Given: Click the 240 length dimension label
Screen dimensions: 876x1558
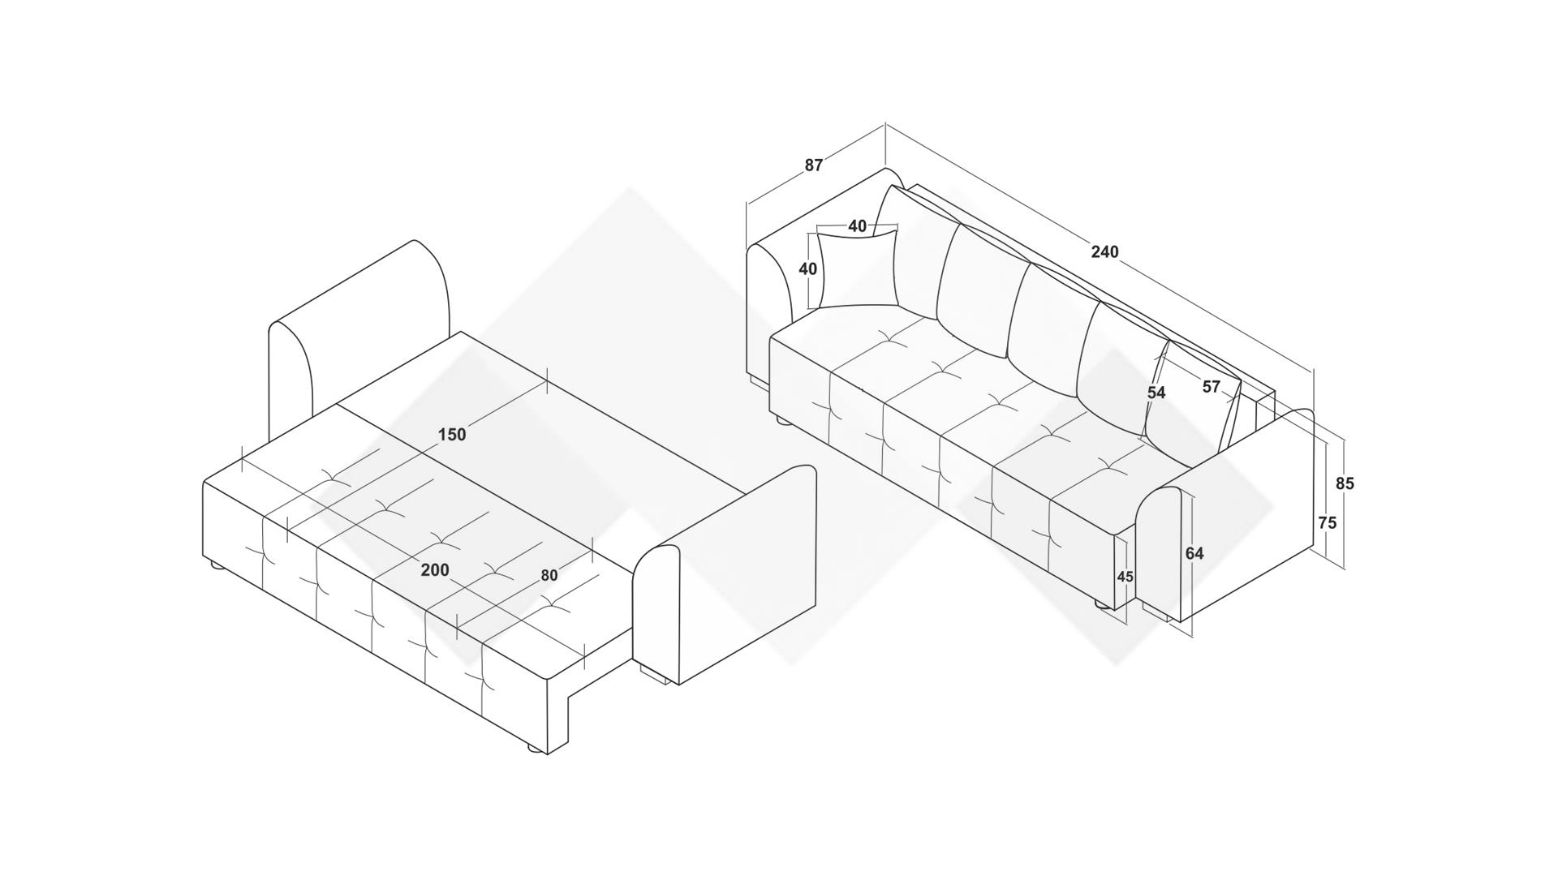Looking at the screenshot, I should pos(1104,251).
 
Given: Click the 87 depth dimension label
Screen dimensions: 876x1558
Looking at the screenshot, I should pos(813,165).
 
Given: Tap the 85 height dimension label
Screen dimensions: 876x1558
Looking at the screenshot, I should pos(1345,483).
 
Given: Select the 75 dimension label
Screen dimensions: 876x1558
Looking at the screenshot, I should pos(1327,523).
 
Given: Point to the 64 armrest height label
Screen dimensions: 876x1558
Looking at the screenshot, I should pos(1194,553).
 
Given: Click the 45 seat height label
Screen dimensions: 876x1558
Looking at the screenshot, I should pos(1125,577).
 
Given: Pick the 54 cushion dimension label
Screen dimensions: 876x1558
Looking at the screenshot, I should pos(1156,393).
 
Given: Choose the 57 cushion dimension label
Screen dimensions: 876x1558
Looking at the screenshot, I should pos(1211,387).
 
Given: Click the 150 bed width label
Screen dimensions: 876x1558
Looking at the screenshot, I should pos(452,435).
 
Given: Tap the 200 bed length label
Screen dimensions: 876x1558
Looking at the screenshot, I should pos(435,570).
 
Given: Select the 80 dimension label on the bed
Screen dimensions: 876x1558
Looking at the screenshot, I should pos(549,575).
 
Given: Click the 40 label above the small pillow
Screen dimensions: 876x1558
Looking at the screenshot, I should pos(857,226).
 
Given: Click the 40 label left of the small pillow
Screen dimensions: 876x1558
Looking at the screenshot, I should pos(807,268).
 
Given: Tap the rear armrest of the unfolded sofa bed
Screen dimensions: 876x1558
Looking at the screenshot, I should pos(365,324).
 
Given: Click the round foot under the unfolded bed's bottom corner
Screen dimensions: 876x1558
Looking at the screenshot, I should pos(535,749).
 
